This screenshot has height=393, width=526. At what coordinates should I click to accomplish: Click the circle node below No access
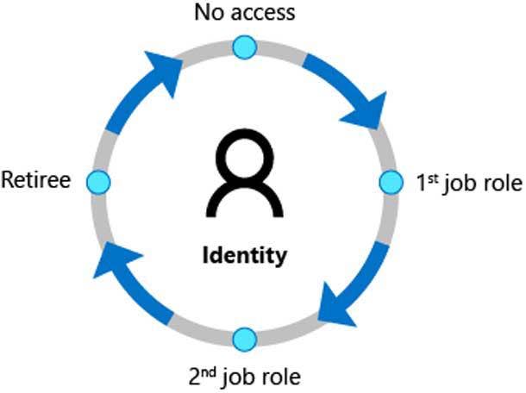(x=245, y=47)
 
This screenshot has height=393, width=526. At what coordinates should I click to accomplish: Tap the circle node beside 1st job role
(x=391, y=182)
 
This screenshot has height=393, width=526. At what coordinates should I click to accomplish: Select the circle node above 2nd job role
(x=245, y=337)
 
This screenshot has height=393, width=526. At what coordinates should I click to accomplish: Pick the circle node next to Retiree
(x=100, y=182)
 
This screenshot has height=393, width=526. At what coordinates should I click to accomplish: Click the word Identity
(x=245, y=256)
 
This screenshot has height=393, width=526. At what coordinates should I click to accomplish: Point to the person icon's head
(x=246, y=155)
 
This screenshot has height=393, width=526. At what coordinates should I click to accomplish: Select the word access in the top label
(x=266, y=13)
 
